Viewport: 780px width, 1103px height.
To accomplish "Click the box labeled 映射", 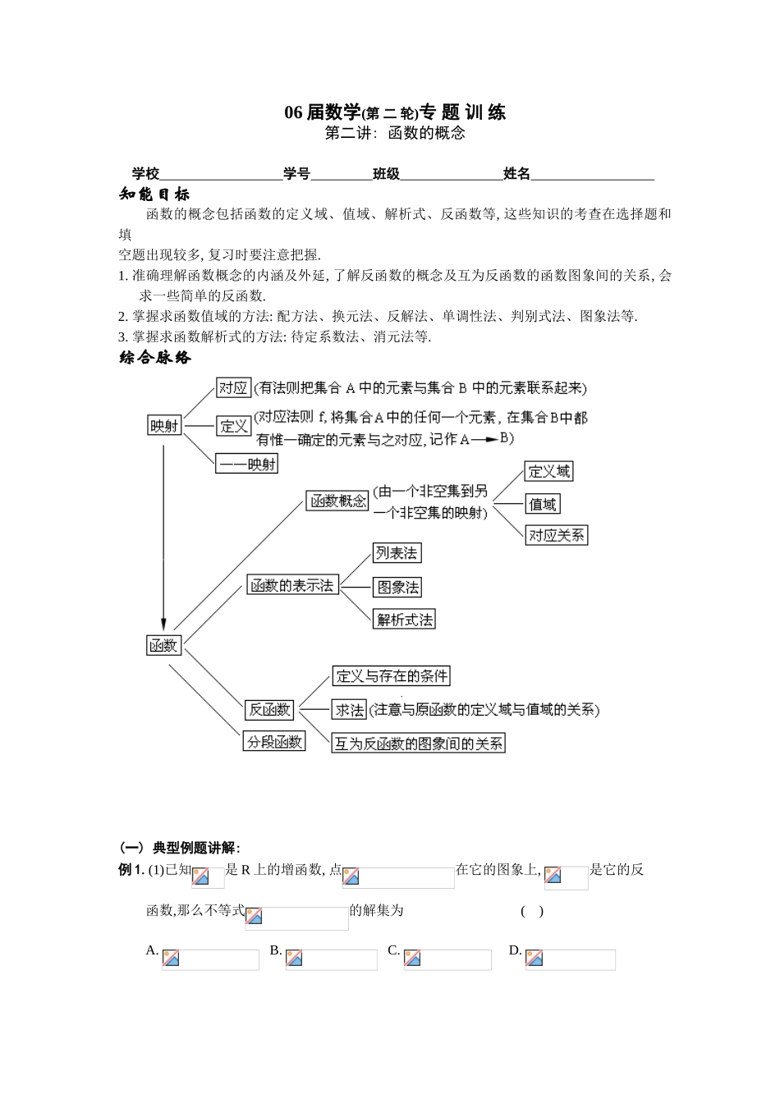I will click(164, 425).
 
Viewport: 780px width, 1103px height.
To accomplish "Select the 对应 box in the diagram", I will click(233, 387).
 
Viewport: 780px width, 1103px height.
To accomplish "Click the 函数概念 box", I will click(337, 501).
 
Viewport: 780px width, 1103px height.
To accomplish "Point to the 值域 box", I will click(543, 504).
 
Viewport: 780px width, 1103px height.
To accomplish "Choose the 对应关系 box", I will click(557, 535).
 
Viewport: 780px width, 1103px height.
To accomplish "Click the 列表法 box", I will click(397, 553).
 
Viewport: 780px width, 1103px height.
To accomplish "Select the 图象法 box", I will click(397, 587).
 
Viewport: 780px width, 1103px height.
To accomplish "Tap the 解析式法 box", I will click(404, 620).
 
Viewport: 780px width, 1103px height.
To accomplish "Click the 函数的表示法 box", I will click(293, 585).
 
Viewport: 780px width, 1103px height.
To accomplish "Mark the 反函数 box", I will click(270, 709).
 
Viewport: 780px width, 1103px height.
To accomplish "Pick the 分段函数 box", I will click(275, 742).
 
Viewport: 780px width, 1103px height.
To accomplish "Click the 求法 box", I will click(349, 710).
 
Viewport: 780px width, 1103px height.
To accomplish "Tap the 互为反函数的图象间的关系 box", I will click(419, 744).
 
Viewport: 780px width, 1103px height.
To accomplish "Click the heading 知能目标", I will click(154, 195).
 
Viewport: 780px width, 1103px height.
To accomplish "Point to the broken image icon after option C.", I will click(412, 958).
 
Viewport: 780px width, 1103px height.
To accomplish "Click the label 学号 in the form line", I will click(296, 173).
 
